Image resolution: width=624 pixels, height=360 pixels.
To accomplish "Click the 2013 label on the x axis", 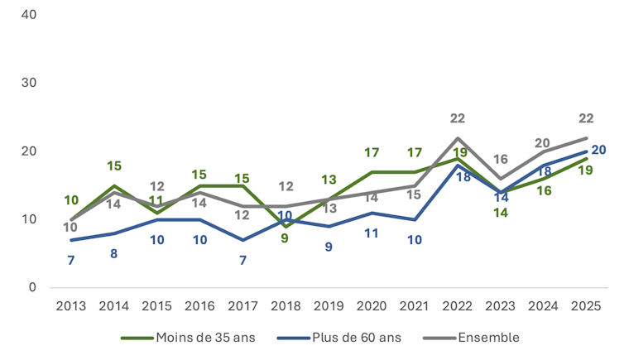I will click(70, 306).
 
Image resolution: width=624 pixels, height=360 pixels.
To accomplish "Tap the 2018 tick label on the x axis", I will click(286, 306).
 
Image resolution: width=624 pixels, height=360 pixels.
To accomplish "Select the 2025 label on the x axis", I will click(586, 306).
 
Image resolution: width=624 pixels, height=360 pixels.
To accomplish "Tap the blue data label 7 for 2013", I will click(70, 260).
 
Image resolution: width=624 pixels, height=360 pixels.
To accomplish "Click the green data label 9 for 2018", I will click(286, 240).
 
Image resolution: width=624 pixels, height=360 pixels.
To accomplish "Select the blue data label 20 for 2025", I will click(599, 150).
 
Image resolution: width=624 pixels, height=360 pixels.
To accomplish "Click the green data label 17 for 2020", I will click(372, 153).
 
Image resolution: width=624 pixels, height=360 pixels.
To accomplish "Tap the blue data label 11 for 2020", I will click(372, 233).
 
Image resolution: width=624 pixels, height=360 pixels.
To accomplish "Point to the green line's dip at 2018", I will click(286, 226).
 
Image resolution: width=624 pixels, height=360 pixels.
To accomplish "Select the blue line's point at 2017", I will click(242, 240).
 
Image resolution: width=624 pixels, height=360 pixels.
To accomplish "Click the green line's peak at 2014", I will click(113, 185).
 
